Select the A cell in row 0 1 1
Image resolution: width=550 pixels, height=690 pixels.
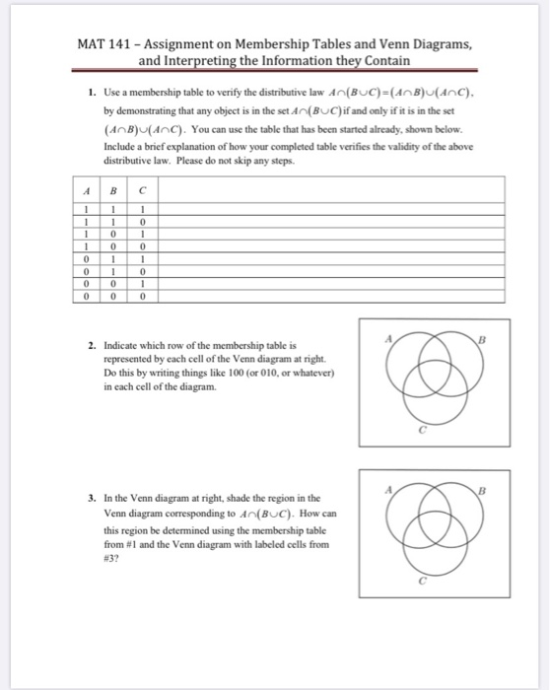87,258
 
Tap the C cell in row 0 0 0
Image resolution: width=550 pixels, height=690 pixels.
144,294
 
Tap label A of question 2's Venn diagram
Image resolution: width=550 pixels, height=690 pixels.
389,337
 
